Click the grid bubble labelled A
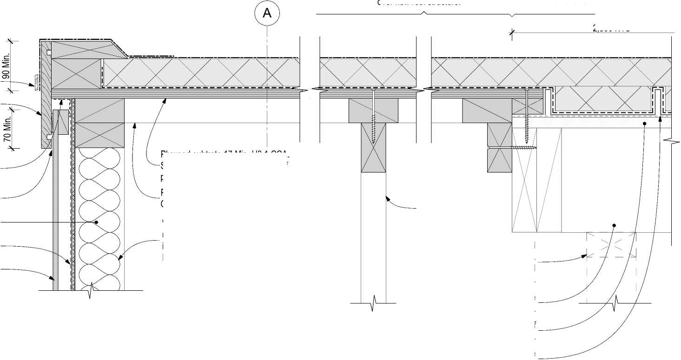pos(267,13)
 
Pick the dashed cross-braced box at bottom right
pos(611,245)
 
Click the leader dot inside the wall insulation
pos(96,223)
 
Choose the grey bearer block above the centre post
pos(373,111)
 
